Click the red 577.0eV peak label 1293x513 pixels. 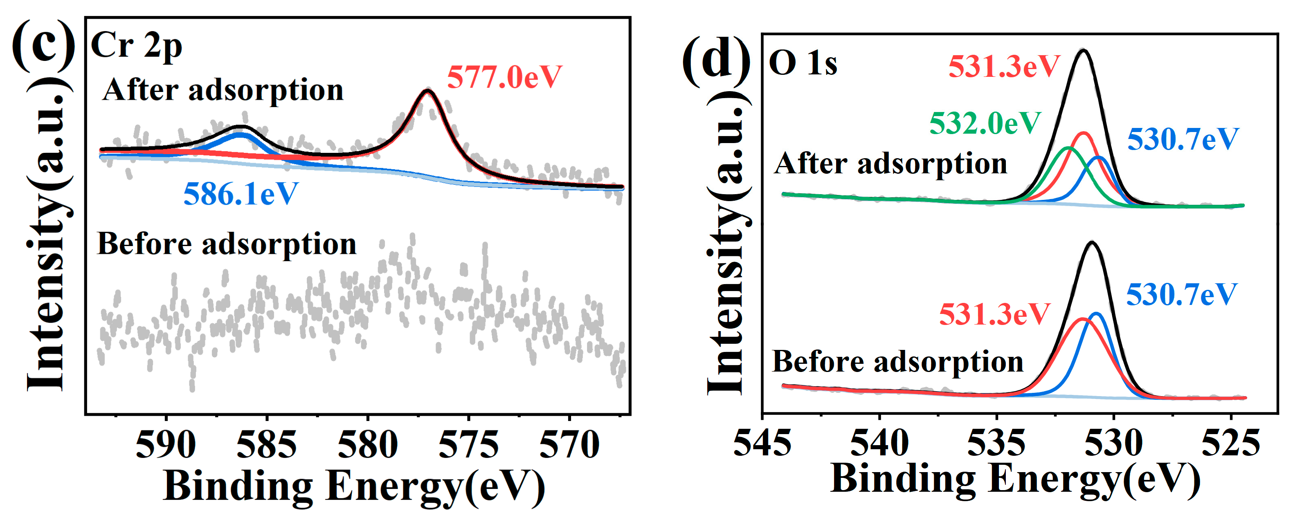(x=504, y=77)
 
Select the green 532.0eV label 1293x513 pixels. (x=985, y=123)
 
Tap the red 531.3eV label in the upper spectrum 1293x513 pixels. (x=1003, y=66)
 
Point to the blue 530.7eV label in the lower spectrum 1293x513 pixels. (x=1182, y=294)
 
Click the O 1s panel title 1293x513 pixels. (x=803, y=64)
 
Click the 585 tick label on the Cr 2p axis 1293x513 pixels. (x=267, y=444)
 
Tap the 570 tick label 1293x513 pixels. (x=569, y=444)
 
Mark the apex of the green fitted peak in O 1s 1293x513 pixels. (x=1069, y=148)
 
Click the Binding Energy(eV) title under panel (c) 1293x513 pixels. (x=354, y=486)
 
